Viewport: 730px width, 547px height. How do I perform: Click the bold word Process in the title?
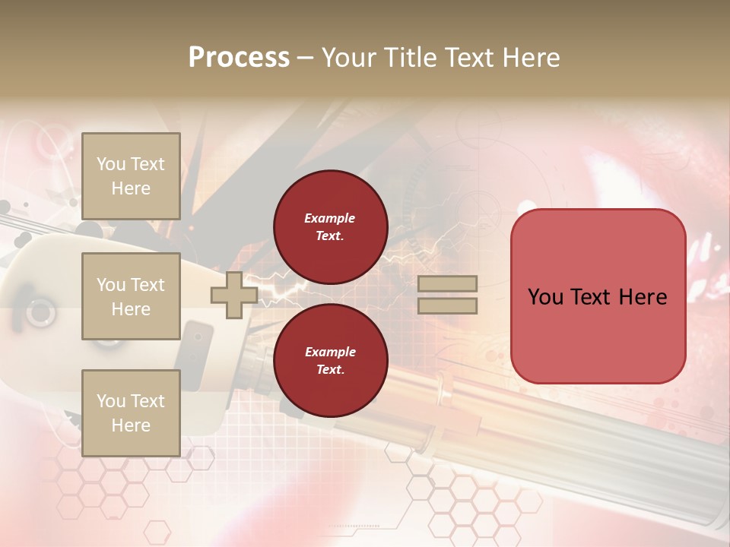tap(239, 58)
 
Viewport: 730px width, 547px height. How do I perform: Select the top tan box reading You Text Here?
tap(131, 176)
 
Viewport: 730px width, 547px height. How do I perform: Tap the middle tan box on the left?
tap(131, 296)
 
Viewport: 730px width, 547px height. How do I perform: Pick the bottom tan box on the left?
tap(131, 413)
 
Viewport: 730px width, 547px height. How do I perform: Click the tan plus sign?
tap(234, 295)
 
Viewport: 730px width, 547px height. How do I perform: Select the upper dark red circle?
tap(331, 226)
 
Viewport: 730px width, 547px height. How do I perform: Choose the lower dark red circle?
tap(331, 360)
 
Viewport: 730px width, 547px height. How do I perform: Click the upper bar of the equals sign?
tap(448, 284)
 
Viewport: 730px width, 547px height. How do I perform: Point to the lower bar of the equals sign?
tap(448, 305)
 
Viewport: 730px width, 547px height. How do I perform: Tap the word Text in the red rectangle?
tap(598, 297)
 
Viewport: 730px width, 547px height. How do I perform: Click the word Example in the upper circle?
tap(330, 218)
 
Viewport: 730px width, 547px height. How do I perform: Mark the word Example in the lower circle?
tap(330, 352)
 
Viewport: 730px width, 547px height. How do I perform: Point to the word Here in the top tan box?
tap(131, 188)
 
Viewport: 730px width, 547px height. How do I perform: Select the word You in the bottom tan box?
tap(111, 401)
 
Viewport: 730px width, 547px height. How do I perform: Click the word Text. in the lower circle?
tap(330, 370)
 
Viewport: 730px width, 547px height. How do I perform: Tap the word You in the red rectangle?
tap(545, 297)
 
